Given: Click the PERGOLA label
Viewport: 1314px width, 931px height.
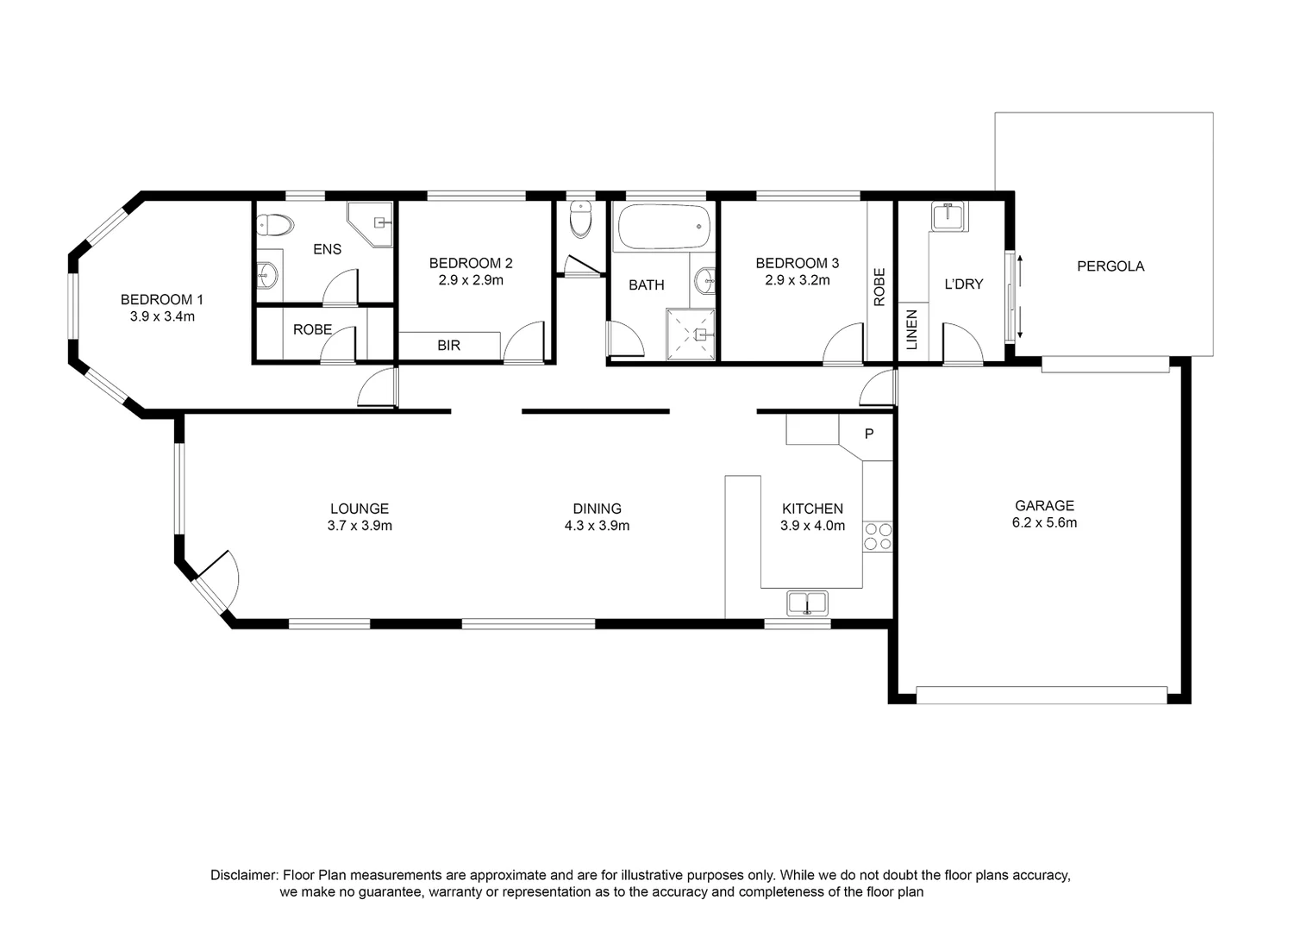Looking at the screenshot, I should tap(1110, 266).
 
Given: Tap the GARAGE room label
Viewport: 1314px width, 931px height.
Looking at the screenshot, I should tap(1044, 506).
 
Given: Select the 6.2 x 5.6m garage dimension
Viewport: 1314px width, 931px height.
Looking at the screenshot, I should tap(1044, 522).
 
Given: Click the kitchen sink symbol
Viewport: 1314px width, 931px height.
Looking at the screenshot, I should tap(807, 603).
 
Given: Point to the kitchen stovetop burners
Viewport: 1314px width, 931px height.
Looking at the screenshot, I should tap(878, 535).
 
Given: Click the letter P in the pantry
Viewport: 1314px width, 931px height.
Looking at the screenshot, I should tap(869, 434).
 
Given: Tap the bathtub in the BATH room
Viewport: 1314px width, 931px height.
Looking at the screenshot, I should tap(662, 227).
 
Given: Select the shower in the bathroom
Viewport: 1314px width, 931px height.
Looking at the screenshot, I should tap(691, 334).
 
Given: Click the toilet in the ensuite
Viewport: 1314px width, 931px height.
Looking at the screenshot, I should tap(275, 226).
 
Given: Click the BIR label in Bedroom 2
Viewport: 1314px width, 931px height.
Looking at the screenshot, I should tap(448, 345).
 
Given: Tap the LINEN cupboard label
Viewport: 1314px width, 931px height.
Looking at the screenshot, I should tap(912, 329).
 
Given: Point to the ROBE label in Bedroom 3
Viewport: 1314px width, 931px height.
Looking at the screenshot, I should tap(879, 287).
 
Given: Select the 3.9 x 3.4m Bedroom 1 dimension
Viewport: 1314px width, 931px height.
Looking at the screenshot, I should tap(162, 316).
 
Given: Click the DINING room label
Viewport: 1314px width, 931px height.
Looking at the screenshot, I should tap(597, 509).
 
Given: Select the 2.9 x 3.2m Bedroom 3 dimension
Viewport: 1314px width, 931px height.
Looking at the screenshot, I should tap(797, 280).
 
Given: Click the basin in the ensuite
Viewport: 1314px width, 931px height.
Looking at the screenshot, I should tap(268, 276).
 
